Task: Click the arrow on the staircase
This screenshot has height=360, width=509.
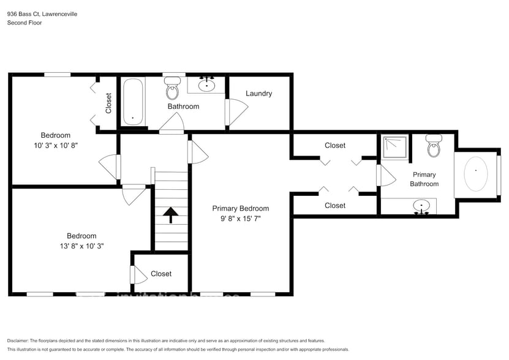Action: (x=170, y=214)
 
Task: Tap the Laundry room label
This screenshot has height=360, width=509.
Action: (x=258, y=94)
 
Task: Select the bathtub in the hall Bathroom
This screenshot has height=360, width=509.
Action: (x=132, y=101)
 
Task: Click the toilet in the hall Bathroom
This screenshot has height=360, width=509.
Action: (x=172, y=89)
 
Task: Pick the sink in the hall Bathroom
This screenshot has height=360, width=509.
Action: (x=208, y=85)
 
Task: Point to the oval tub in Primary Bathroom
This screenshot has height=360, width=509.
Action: (x=476, y=173)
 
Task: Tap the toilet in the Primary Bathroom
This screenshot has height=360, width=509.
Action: (x=434, y=146)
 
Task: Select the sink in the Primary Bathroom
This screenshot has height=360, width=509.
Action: (x=421, y=206)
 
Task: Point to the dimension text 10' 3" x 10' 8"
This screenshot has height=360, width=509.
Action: (x=56, y=146)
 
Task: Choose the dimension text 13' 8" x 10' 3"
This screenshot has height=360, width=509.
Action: (x=81, y=246)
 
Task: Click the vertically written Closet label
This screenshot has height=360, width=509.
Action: (x=108, y=103)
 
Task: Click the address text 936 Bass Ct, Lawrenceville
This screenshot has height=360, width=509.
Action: (x=42, y=13)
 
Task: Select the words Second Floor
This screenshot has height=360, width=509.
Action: (x=25, y=23)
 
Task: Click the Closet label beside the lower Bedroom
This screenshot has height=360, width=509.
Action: (x=161, y=274)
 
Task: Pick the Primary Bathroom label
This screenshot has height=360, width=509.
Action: (x=424, y=179)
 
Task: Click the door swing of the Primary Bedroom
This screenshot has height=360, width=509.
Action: (x=197, y=152)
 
